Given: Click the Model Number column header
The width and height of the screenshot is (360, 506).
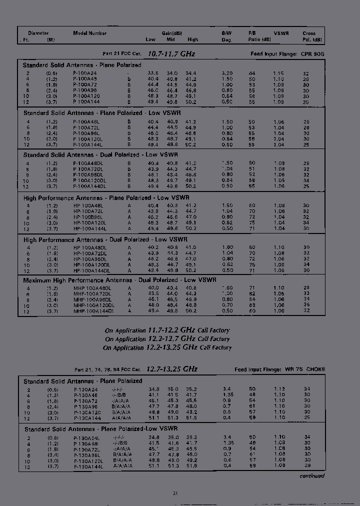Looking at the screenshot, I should click(89, 33).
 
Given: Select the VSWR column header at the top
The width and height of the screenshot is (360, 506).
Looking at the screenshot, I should click(281, 33).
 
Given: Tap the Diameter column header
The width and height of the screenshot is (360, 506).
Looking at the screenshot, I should click(38, 33).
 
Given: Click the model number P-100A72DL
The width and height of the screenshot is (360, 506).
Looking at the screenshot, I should click(88, 168).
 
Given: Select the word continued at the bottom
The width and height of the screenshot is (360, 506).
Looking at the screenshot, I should click(311, 476).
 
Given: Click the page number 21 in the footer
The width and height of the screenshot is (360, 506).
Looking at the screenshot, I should click(175, 493).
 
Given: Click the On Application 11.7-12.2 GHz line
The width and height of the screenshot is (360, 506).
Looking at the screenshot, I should click(167, 330).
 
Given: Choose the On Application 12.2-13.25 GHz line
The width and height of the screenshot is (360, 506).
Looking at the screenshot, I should click(167, 347).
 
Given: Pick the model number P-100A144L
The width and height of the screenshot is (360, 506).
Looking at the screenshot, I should click(88, 144).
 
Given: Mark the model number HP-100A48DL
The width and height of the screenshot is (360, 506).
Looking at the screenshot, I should click(90, 247).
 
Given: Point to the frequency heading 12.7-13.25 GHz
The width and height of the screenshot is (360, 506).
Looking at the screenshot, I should click(172, 369).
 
